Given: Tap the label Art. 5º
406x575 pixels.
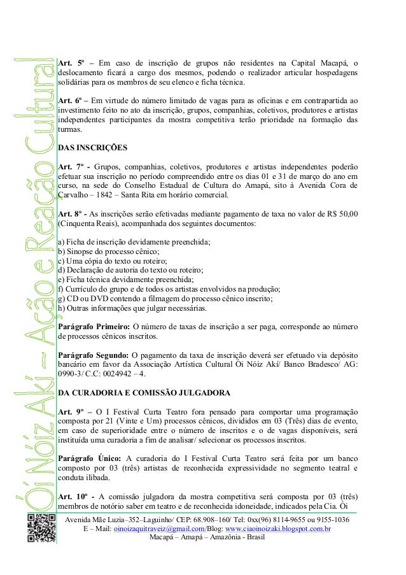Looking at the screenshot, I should coord(71,63).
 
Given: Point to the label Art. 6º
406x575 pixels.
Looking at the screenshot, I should coord(71,101).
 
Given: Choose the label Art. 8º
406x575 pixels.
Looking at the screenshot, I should coord(71,213).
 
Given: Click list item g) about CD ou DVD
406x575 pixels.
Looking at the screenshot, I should coord(165,298).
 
